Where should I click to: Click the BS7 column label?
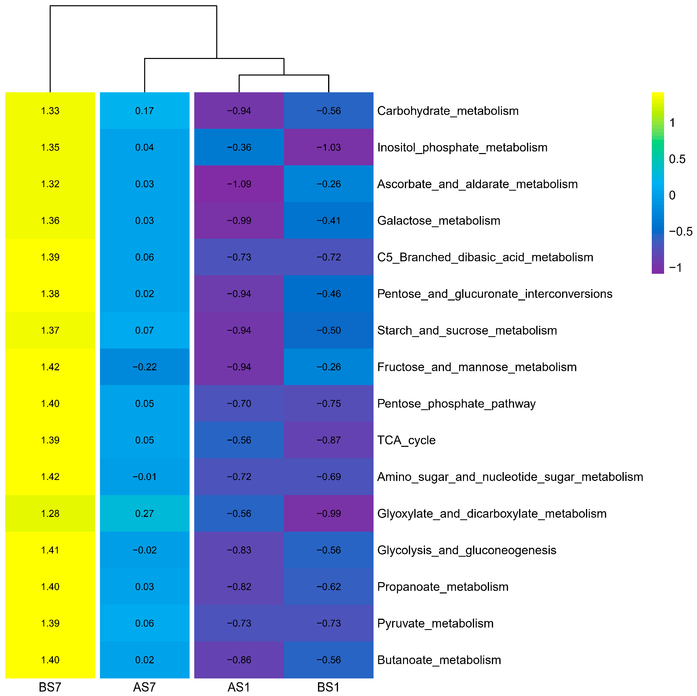coord(50,687)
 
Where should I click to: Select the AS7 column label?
coord(144,687)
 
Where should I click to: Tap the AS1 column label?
coord(239,687)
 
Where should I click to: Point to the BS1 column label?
coord(328,687)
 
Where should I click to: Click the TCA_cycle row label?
coord(406,440)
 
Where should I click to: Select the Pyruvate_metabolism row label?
coord(435,623)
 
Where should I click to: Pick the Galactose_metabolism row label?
coord(439,220)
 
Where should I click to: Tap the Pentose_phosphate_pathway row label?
coord(456,403)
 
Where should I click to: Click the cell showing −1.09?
coord(239,184)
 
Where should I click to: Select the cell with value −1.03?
coord(328,147)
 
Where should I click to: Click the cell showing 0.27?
coord(144,513)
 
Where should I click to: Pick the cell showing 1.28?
coord(50,513)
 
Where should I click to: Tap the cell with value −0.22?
coord(144,367)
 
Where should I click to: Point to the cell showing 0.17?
coord(144,111)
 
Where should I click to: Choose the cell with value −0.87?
coord(328,440)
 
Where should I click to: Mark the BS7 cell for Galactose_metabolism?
coord(50,220)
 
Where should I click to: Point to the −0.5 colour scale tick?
coord(680,231)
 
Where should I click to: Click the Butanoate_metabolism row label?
coord(439,660)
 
